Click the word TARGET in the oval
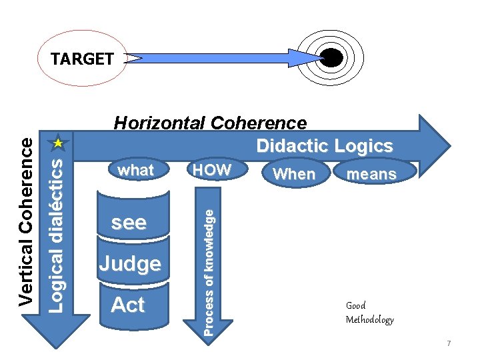(x=82, y=59)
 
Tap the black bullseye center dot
(x=331, y=59)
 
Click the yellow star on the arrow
(x=58, y=143)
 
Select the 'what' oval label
(x=135, y=170)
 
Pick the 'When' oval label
(x=294, y=174)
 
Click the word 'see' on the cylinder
(x=129, y=223)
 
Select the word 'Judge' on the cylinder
(x=130, y=264)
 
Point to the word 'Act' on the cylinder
(x=128, y=305)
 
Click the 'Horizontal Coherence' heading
(x=211, y=123)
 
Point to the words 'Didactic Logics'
(x=325, y=146)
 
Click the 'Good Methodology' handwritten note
(x=369, y=312)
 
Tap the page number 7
(x=449, y=343)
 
